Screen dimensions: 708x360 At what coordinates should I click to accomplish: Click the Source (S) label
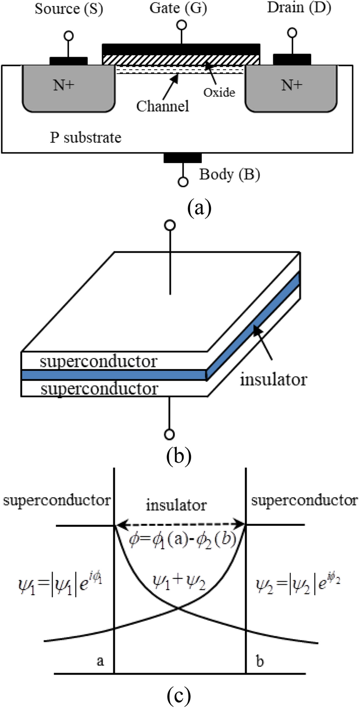pos(69,9)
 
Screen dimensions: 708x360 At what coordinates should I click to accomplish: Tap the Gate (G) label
pos(178,8)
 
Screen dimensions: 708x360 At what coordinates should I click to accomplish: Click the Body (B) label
pos(230,174)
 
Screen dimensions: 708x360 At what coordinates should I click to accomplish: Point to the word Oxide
pos(219,92)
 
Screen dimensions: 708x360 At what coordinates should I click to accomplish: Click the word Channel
pos(163,106)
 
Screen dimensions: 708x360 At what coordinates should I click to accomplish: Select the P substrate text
pos(85,138)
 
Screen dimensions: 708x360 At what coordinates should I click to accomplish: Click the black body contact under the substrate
pos(183,158)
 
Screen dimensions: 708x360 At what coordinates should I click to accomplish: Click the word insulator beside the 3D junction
pos(273,379)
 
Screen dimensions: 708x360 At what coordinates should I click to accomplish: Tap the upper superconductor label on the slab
pos(98,361)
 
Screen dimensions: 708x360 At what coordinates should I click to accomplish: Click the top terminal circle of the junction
pos(170,225)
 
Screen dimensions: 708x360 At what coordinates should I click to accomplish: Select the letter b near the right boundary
pos(260,661)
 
